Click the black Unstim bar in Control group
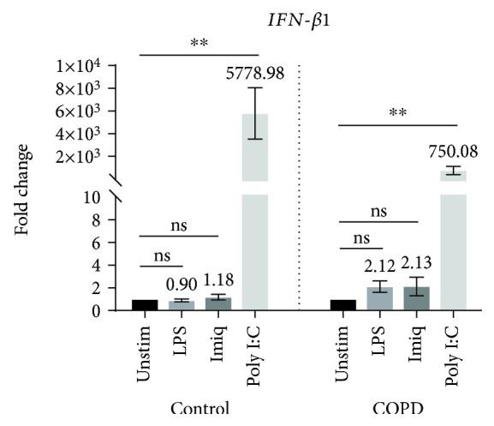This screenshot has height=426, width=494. click(x=145, y=305)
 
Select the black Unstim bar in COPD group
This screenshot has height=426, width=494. click(x=342, y=305)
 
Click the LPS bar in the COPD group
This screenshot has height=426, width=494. click(x=379, y=299)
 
